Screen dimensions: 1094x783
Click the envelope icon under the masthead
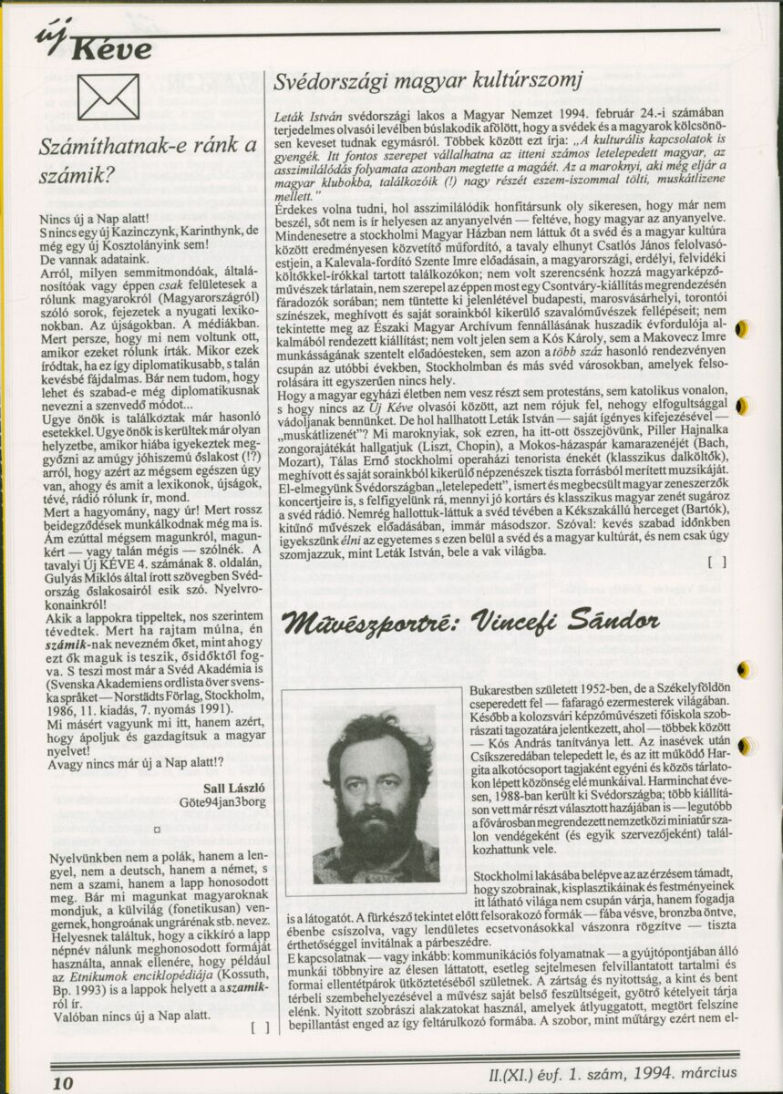[x=108, y=98]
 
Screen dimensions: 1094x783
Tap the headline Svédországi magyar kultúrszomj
[x=428, y=81]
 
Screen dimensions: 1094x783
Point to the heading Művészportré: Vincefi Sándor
[x=470, y=622]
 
